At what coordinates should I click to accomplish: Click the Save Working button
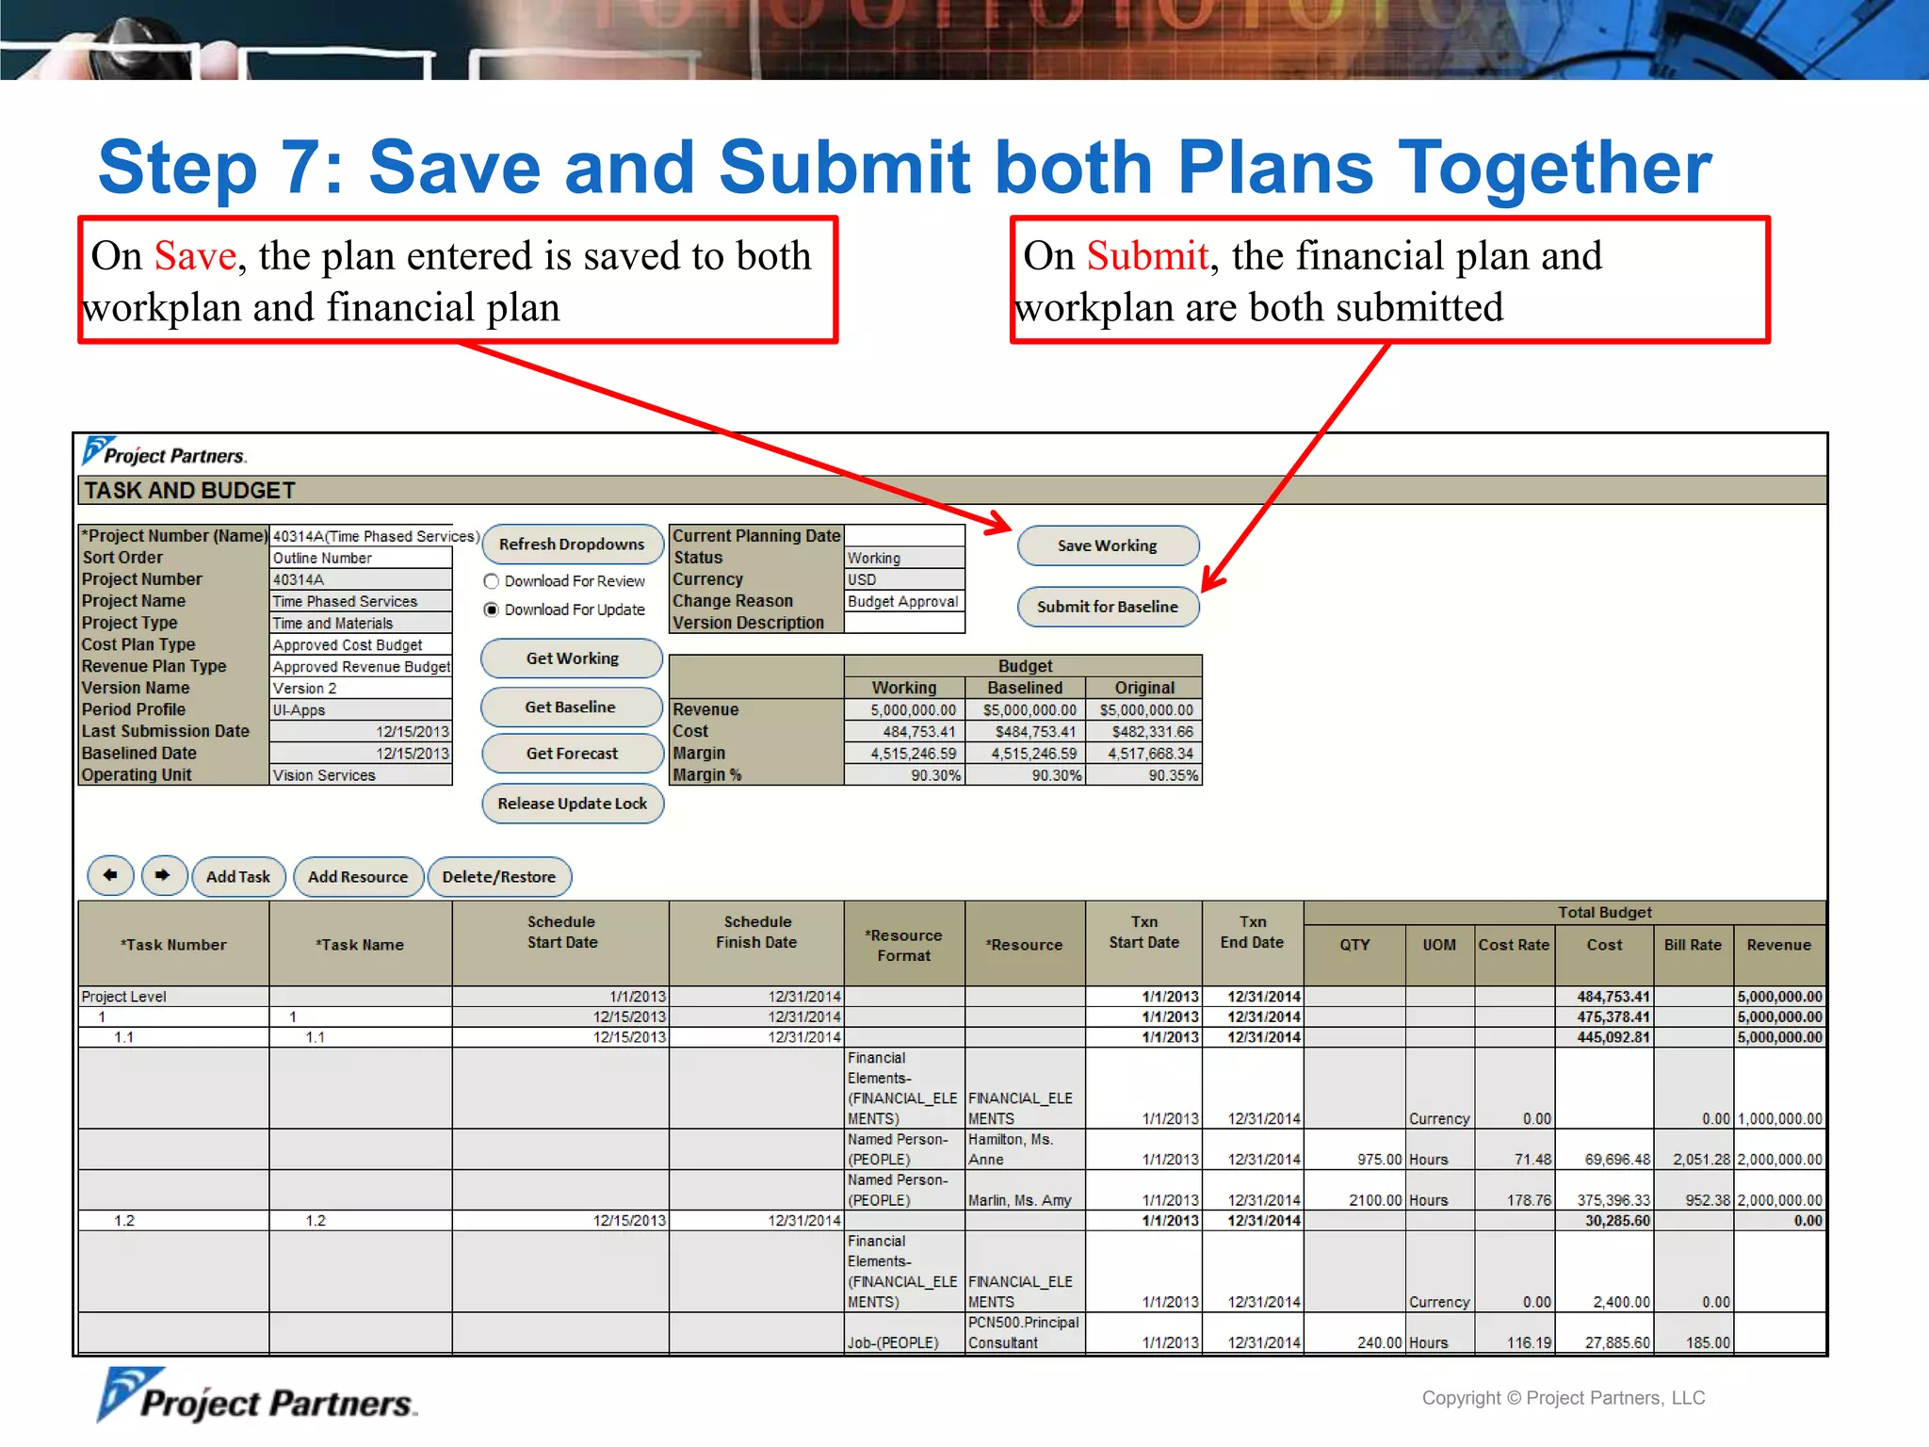[1108, 545]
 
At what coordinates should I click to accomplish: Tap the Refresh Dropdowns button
[572, 545]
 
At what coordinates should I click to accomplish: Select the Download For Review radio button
[491, 581]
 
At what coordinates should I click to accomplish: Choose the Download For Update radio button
[491, 610]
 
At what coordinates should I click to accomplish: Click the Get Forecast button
[572, 754]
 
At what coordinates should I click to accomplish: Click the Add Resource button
[358, 877]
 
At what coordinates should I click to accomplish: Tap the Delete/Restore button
[499, 877]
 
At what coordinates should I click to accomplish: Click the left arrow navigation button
[110, 875]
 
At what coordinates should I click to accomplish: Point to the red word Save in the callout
[195, 255]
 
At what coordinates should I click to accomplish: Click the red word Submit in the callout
[1147, 255]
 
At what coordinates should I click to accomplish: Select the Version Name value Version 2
[360, 689]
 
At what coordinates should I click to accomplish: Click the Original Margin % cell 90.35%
[1144, 775]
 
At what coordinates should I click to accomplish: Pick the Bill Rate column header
[1693, 945]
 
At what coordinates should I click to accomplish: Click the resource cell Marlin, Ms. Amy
[1020, 1200]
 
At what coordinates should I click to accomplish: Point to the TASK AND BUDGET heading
[190, 491]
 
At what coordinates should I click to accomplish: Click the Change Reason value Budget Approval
[903, 601]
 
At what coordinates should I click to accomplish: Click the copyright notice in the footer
[1564, 1398]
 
